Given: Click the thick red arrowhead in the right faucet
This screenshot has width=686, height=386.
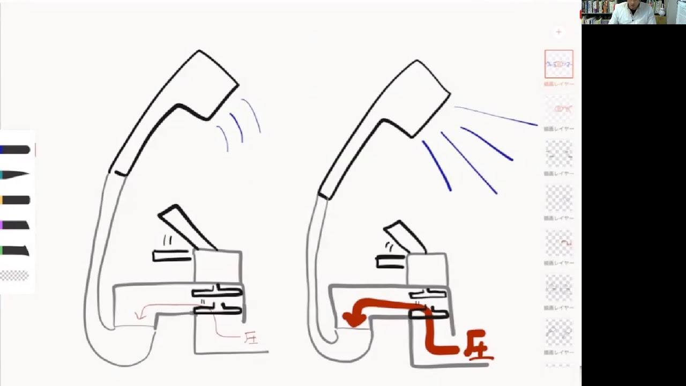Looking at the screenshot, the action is click(x=352, y=319).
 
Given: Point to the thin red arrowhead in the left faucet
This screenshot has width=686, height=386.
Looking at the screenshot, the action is click(x=141, y=315).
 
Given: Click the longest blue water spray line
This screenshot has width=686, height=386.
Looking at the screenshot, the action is click(x=496, y=116).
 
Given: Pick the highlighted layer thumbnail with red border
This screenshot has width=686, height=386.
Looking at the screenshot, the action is click(x=558, y=64).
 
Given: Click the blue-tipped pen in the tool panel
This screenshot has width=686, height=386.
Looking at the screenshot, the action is click(x=16, y=150).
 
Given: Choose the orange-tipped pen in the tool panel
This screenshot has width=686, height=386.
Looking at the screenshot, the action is click(x=16, y=200).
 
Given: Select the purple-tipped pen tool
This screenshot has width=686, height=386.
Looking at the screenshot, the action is click(x=16, y=225).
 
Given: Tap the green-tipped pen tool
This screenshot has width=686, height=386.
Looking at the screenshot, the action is click(x=16, y=250).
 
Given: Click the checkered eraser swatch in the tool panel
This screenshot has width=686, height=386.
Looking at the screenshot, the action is click(x=14, y=276).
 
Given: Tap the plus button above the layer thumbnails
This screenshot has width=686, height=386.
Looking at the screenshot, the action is click(x=558, y=32).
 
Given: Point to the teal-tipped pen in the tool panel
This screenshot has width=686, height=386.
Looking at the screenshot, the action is click(x=16, y=175).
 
